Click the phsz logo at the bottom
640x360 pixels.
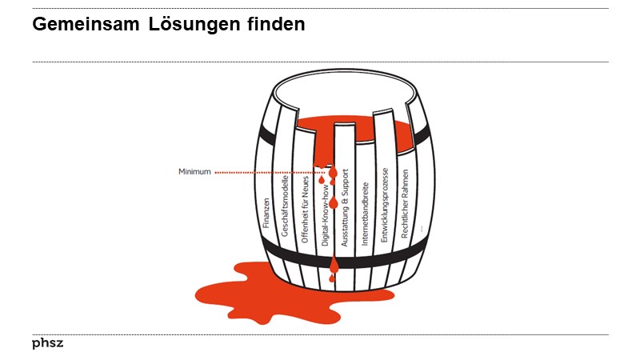coord(47,343)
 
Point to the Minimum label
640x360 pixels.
coord(194,171)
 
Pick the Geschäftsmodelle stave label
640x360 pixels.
coord(285,206)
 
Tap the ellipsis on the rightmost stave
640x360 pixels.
coord(421,229)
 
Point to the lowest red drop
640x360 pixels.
coord(333,278)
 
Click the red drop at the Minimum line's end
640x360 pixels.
coord(333,173)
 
